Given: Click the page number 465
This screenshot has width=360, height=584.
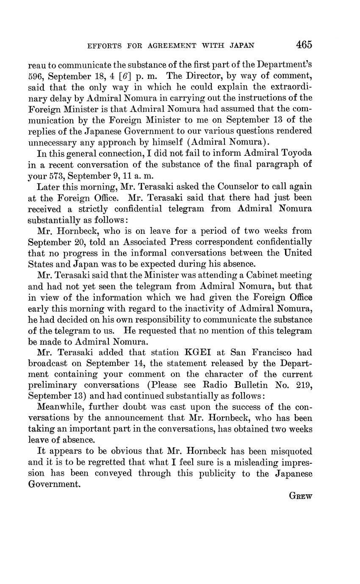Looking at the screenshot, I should (x=304, y=44).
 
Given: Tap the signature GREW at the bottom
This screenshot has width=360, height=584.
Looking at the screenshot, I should (x=300, y=495).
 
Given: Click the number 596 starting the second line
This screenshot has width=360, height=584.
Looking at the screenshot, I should (x=35, y=76).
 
